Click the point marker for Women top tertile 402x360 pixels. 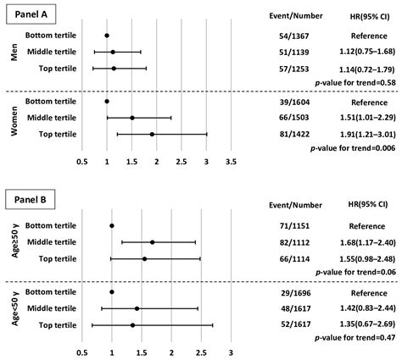coord(152,134)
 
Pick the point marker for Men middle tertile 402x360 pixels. coord(113,52)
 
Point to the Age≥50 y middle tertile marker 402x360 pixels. coord(152,242)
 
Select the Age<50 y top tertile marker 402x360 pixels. coord(132,324)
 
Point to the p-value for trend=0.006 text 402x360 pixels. coord(349,149)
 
